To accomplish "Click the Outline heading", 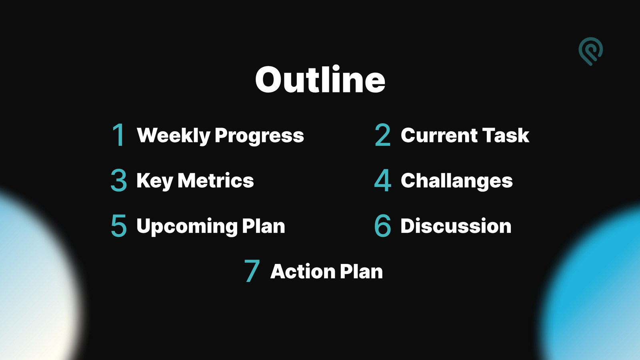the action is (x=320, y=79).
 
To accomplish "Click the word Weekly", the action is (x=174, y=135).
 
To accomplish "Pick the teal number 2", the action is (x=382, y=135).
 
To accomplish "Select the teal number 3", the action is (x=118, y=180).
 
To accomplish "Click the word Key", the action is (x=155, y=181).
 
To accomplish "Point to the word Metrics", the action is (x=216, y=180).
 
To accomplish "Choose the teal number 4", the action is (x=382, y=180).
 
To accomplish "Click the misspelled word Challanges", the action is (x=456, y=181).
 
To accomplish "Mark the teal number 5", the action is (x=118, y=226).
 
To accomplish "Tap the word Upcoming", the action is (x=187, y=227).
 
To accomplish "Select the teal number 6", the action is (x=382, y=226).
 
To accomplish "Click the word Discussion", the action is (x=456, y=226).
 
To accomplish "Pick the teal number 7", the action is (x=252, y=271).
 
